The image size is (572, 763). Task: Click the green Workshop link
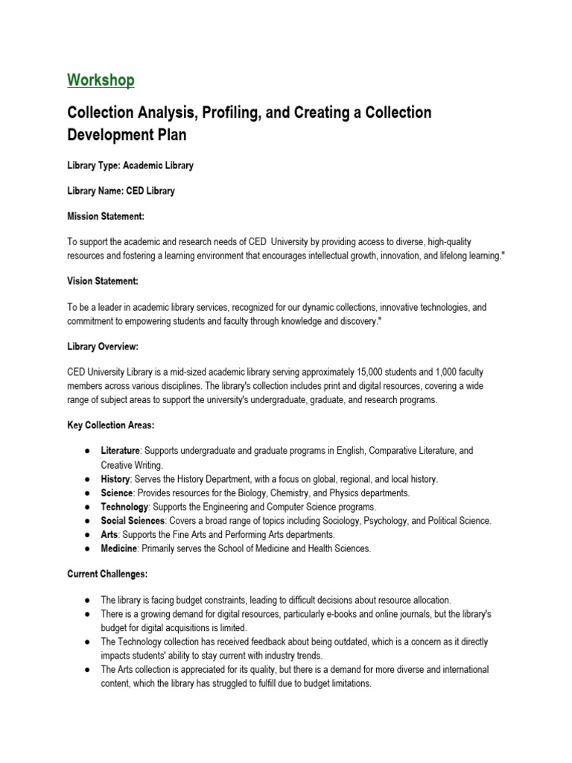click(101, 80)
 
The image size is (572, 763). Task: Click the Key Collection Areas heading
click(110, 425)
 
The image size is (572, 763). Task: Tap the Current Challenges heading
click(105, 574)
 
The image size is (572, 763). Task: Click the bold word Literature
click(120, 452)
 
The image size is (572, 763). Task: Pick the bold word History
click(115, 479)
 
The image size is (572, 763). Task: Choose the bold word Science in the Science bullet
click(117, 493)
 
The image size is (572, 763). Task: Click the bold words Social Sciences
click(133, 521)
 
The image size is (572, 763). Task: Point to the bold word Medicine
click(119, 549)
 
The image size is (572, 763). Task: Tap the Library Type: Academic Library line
click(130, 165)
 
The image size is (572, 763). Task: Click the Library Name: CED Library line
click(121, 191)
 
